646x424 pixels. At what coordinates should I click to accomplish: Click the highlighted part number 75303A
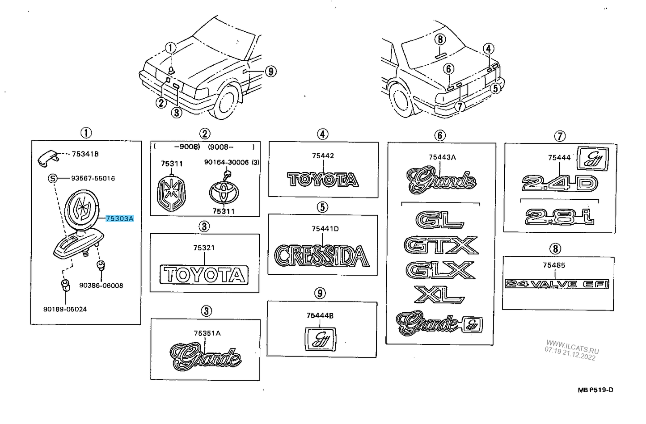(x=119, y=218)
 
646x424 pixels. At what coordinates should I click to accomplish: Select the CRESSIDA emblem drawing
(x=322, y=256)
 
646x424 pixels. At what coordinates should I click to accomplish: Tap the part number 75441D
(x=325, y=229)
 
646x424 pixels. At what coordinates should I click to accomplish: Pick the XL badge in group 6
(x=440, y=294)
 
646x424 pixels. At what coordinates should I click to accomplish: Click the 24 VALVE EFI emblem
(x=557, y=284)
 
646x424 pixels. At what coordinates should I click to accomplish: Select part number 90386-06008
(x=101, y=285)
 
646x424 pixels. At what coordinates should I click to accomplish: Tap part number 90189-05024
(x=65, y=309)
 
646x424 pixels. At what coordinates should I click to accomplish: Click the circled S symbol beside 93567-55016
(x=53, y=179)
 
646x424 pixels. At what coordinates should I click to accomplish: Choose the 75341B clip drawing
(x=48, y=157)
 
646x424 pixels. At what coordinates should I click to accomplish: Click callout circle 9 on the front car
(x=270, y=71)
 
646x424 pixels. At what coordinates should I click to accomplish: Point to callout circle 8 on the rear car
(x=440, y=39)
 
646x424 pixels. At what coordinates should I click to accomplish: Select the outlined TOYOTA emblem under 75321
(x=204, y=275)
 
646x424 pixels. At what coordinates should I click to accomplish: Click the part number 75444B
(x=320, y=315)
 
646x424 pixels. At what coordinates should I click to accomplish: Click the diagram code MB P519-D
(x=595, y=390)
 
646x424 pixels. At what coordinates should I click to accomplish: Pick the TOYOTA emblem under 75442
(x=323, y=180)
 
